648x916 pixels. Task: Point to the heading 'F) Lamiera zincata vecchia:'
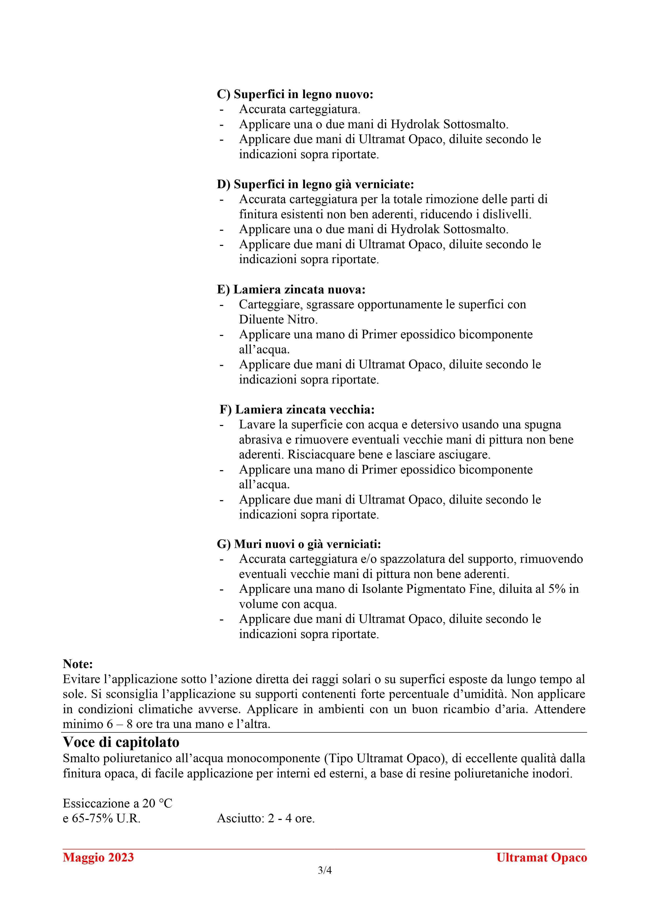pyautogui.click(x=297, y=410)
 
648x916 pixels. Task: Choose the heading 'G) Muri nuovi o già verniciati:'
pyautogui.click(x=299, y=544)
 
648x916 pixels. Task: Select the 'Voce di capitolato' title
pyautogui.click(x=121, y=742)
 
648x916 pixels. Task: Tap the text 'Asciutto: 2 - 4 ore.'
pyautogui.click(x=266, y=818)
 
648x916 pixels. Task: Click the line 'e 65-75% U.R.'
pyautogui.click(x=102, y=818)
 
